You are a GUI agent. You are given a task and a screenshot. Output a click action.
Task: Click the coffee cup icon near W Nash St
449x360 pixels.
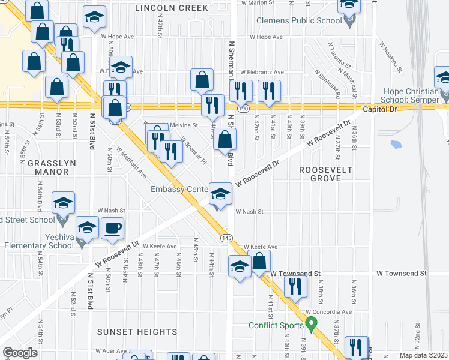click(113, 229)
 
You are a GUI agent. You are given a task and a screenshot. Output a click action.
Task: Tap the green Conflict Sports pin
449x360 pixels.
click(311, 325)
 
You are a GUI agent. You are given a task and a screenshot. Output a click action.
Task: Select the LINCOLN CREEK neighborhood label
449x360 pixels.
click(172, 8)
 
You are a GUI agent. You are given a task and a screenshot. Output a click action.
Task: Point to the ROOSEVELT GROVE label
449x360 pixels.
click(326, 174)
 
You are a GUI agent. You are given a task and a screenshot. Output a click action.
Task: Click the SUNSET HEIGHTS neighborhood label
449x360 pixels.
click(139, 332)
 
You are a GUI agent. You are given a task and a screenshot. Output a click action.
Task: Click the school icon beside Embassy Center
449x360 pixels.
click(220, 194)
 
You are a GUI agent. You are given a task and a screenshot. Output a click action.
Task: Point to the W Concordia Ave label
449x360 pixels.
click(328, 312)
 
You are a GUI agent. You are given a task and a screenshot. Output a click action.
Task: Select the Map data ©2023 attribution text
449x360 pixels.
click(424, 355)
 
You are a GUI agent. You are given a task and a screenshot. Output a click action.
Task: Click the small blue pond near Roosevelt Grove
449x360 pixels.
click(395, 144)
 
